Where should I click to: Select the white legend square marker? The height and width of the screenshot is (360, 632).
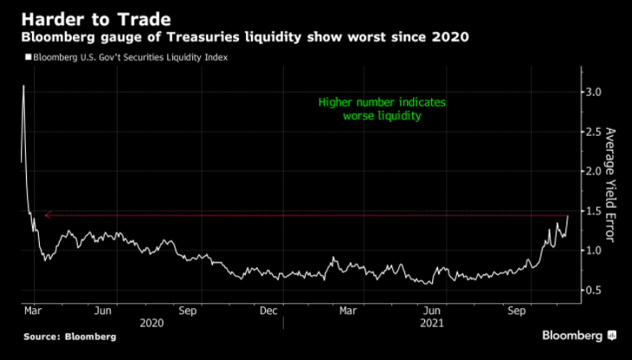coord(28,57)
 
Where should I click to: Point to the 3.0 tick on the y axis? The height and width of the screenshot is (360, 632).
coord(592,92)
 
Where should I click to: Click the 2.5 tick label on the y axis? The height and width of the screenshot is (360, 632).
coord(592,132)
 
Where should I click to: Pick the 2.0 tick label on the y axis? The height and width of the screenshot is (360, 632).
coord(592,171)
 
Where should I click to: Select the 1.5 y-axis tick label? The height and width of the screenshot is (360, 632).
coord(592,211)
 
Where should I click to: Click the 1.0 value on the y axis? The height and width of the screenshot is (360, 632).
coord(592,251)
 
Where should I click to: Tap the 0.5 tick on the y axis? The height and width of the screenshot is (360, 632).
coord(592,291)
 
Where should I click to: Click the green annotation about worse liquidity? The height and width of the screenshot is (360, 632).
coord(381,109)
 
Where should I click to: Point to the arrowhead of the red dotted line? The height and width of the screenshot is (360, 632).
coord(48,215)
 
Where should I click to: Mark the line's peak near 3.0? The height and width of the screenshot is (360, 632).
coord(23,86)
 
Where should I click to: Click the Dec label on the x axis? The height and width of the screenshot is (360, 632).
coord(268,310)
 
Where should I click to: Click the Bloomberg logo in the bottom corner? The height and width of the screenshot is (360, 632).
coord(578,335)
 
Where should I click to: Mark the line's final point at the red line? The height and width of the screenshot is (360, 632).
coord(567,215)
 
